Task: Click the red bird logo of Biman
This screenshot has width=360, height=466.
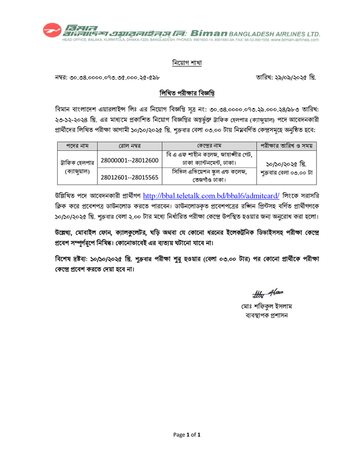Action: (51, 29)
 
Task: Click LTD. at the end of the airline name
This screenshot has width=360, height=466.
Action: (315, 34)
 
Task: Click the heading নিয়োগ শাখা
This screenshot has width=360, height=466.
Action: (186, 63)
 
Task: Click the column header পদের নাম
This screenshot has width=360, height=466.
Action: (76, 146)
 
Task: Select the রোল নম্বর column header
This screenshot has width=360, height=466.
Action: (129, 146)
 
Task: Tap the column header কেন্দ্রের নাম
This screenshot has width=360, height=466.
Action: (209, 146)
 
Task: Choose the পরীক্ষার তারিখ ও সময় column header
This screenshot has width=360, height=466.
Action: (286, 146)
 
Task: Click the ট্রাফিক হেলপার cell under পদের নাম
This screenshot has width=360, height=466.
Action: (77, 163)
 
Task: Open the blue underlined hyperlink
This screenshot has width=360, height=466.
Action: (211, 196)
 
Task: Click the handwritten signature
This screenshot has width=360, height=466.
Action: (267, 294)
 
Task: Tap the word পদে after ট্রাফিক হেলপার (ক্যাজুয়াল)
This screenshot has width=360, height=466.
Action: (279, 119)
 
